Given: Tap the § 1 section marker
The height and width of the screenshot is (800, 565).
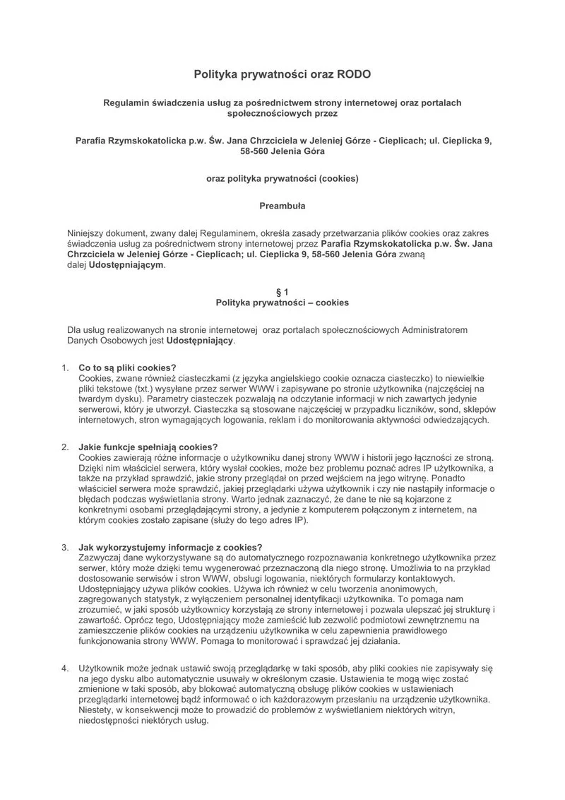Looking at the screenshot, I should [282, 291].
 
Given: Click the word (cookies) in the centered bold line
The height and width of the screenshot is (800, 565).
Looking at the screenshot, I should [338, 178].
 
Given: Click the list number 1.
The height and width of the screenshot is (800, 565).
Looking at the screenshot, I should [64, 367].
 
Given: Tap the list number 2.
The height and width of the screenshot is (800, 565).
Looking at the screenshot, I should [64, 447].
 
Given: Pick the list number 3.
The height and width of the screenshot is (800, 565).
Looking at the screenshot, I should [64, 547].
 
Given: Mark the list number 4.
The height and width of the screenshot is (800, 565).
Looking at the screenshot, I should [64, 667].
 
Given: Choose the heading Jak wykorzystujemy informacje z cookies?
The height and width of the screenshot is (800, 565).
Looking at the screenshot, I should [171, 547].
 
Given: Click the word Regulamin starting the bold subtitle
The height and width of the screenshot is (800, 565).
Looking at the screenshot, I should [129, 102].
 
